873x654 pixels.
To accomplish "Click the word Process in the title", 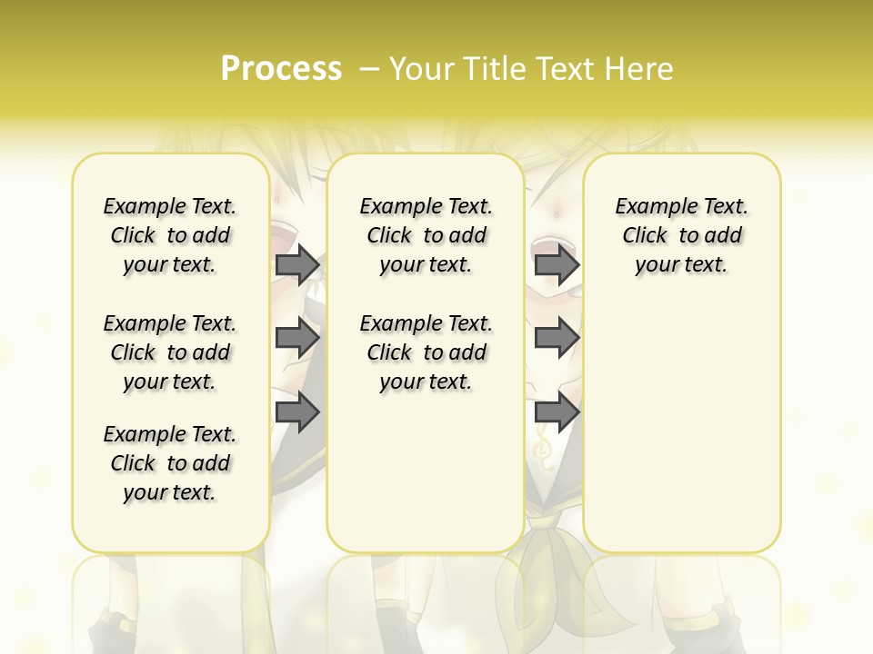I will click(281, 69).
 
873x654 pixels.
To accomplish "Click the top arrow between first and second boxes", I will click(297, 265).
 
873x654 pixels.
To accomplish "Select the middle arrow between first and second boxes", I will click(297, 339).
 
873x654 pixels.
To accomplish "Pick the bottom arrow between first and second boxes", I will click(297, 411).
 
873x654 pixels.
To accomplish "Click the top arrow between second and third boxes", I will click(557, 265).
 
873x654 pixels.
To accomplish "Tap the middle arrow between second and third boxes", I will click(557, 339).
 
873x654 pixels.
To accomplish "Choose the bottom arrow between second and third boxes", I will click(557, 411).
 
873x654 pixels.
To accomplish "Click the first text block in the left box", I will click(170, 235).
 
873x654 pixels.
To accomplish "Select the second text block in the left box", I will click(170, 352).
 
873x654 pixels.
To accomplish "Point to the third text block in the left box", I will click(170, 463).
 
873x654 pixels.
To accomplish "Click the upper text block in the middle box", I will click(426, 235).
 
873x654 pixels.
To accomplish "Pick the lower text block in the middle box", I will click(426, 352).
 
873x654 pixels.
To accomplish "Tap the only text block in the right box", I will click(681, 235).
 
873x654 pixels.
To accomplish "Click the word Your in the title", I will click(421, 69).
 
